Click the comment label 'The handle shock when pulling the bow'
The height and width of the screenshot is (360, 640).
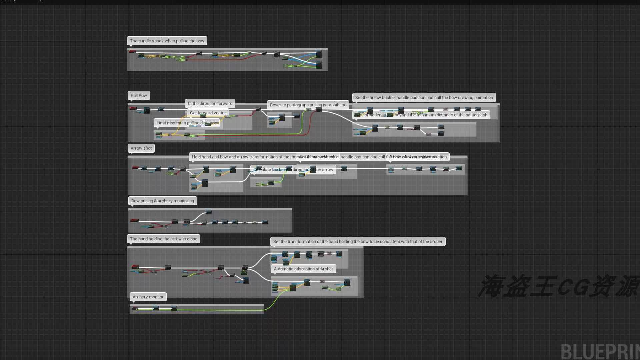pos(167,41)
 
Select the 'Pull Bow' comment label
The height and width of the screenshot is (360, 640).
pos(139,96)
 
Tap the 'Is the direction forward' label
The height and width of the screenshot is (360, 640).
pos(210,104)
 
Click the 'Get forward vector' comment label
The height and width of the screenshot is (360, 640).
pos(208,113)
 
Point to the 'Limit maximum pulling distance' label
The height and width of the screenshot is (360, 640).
pos(186,123)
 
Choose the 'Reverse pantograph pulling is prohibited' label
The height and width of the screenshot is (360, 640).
pos(308,105)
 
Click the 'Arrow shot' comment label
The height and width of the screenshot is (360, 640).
pos(141,148)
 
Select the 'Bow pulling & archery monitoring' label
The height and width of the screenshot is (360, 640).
pos(163,201)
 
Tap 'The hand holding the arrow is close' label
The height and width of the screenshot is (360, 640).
pos(163,239)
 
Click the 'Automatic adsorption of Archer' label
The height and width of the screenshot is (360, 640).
pos(303,269)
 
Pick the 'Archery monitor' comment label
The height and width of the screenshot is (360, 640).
pos(148,297)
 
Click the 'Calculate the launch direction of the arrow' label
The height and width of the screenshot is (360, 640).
pos(293,170)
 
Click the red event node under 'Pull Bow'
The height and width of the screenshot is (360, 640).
pos(133,108)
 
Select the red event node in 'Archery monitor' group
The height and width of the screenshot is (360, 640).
pos(134,308)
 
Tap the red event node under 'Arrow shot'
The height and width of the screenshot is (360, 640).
pos(135,168)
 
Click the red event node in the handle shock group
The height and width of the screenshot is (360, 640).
pos(132,52)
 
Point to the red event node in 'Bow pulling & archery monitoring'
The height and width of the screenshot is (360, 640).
pos(135,220)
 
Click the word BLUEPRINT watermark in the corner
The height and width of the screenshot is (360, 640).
pos(600,352)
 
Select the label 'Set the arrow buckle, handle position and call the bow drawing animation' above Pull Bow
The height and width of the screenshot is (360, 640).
pos(424,98)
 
